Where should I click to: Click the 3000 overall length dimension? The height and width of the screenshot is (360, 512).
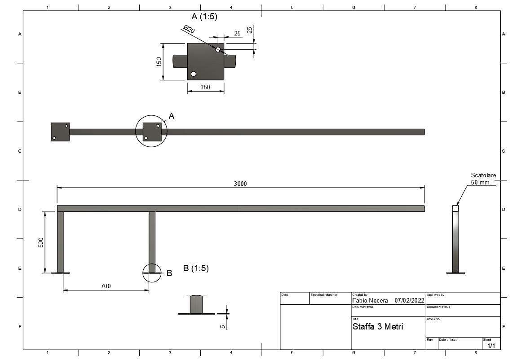(240, 184)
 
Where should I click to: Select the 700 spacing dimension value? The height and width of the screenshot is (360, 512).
(106, 286)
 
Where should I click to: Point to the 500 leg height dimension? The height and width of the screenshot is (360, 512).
(41, 242)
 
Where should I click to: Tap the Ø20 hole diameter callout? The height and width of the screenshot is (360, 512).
(190, 29)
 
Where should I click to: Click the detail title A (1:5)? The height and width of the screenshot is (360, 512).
(204, 16)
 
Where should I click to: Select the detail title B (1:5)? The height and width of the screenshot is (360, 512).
(196, 268)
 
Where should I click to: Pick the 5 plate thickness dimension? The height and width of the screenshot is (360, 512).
(223, 326)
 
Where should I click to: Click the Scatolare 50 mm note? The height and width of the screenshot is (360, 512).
(483, 179)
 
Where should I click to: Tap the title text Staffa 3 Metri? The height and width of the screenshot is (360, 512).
(378, 326)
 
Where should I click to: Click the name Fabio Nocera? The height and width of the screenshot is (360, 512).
(370, 301)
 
